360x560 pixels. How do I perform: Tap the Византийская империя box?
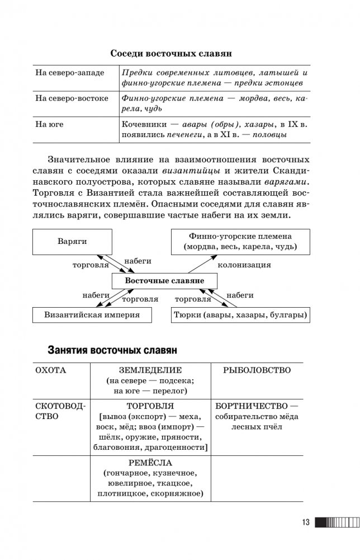pyautogui.click(x=92, y=316)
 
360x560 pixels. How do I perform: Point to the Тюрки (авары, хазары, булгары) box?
pyautogui.click(x=239, y=316)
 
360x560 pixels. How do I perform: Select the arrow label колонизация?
pyautogui.click(x=244, y=265)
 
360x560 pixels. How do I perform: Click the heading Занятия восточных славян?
pyautogui.click(x=112, y=350)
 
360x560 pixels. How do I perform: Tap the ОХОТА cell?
pyautogui.click(x=50, y=370)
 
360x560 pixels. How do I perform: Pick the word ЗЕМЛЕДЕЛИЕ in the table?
pyautogui.click(x=150, y=370)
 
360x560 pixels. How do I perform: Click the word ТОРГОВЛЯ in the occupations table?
pyautogui.click(x=150, y=406)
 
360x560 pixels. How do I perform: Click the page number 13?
pyautogui.click(x=305, y=523)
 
